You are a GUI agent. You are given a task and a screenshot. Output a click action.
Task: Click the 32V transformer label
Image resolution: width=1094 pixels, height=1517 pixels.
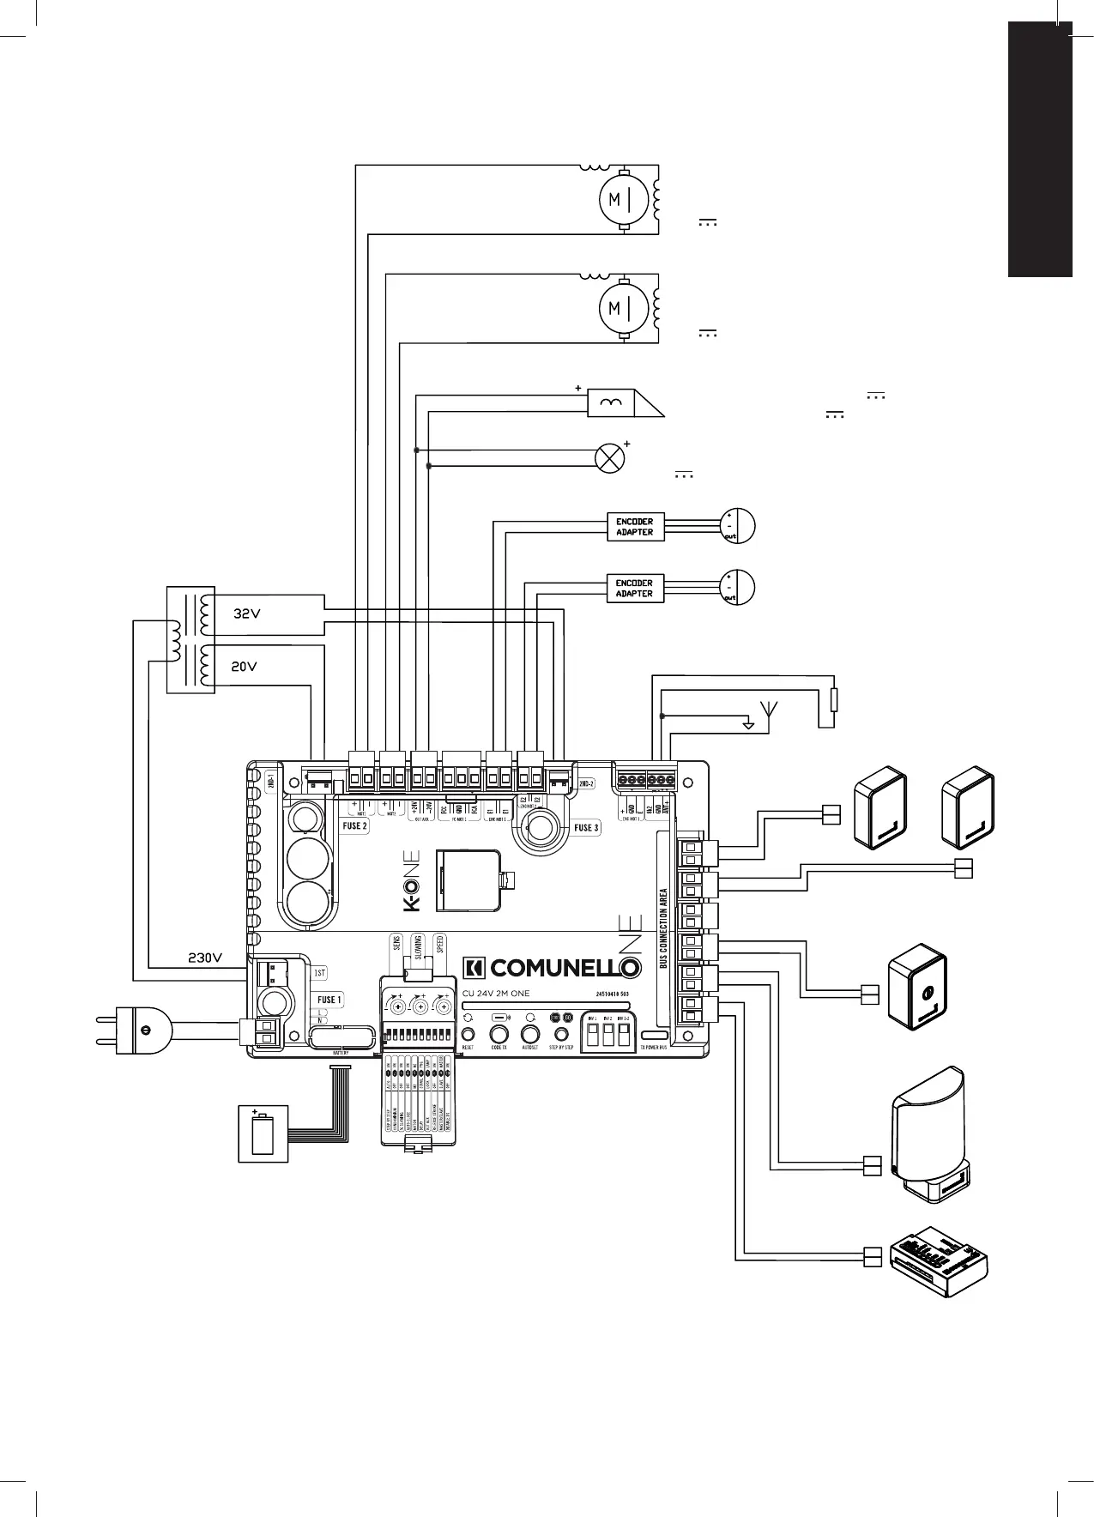click(246, 614)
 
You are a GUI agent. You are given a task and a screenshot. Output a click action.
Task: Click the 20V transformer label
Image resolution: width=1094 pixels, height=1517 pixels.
click(245, 666)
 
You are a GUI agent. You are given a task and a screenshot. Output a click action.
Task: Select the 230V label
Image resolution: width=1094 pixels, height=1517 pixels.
click(206, 958)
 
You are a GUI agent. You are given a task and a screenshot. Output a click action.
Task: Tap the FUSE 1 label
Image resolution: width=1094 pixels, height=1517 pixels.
click(329, 1000)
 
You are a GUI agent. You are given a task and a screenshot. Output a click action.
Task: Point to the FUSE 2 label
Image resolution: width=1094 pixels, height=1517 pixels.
click(355, 825)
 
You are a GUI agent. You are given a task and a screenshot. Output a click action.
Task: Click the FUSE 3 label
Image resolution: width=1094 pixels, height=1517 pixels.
click(587, 828)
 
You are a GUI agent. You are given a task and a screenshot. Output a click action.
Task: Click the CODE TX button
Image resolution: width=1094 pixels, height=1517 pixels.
click(499, 1035)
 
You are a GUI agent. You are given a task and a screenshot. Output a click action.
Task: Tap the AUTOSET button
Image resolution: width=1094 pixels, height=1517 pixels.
click(530, 1035)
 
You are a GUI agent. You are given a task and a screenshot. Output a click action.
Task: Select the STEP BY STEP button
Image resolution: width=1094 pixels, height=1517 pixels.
click(561, 1035)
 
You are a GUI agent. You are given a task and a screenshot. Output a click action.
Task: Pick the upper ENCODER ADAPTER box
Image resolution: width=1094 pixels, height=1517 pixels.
click(635, 527)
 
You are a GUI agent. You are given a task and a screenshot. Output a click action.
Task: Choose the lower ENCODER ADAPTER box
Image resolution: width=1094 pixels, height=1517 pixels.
click(635, 589)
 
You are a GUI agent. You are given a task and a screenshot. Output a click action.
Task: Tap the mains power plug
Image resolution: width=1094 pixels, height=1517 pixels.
click(137, 1029)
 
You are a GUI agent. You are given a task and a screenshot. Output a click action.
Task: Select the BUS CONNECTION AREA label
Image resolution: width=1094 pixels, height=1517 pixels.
click(663, 928)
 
